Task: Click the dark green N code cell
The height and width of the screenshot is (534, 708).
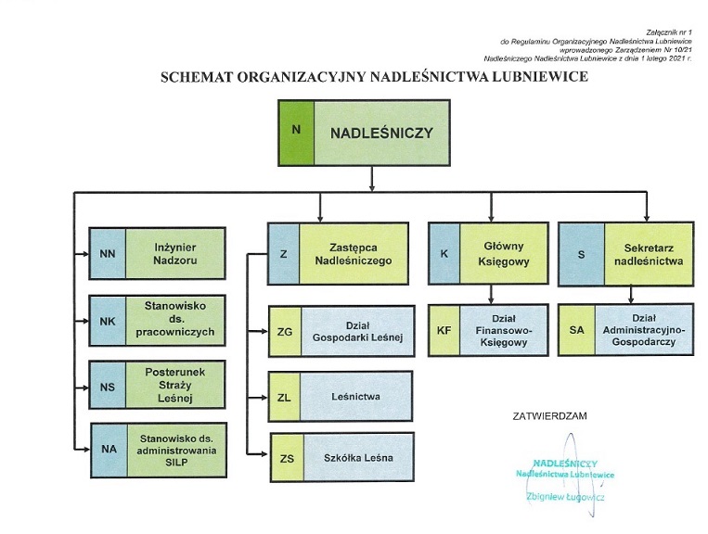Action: click(296, 133)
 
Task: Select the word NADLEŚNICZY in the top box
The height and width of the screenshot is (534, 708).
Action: click(381, 133)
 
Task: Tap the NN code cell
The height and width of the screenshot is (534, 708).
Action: click(108, 253)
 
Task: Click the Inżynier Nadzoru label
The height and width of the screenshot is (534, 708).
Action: click(175, 254)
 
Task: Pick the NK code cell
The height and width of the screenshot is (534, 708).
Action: click(108, 321)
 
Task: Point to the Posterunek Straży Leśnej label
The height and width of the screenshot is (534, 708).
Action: click(175, 385)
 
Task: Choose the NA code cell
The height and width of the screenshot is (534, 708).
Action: click(109, 450)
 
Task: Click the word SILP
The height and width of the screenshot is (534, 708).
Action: click(176, 463)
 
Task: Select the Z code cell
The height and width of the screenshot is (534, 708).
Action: click(284, 254)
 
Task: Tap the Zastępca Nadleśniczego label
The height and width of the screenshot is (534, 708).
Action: click(354, 254)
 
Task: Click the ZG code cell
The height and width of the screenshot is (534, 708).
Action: click(285, 332)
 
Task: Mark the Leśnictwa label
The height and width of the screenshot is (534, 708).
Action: click(355, 397)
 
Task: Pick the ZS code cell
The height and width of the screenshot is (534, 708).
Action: click(287, 458)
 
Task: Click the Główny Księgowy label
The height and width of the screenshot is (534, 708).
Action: click(504, 254)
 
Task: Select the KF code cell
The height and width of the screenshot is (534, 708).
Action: click(444, 331)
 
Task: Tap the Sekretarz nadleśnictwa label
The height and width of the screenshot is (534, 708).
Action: click(649, 254)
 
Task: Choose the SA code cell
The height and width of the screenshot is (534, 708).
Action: click(577, 330)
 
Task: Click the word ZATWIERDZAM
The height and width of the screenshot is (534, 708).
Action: click(550, 416)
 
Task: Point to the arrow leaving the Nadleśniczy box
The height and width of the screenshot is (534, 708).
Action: click(371, 179)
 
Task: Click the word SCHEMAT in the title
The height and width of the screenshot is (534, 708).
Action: click(197, 77)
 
